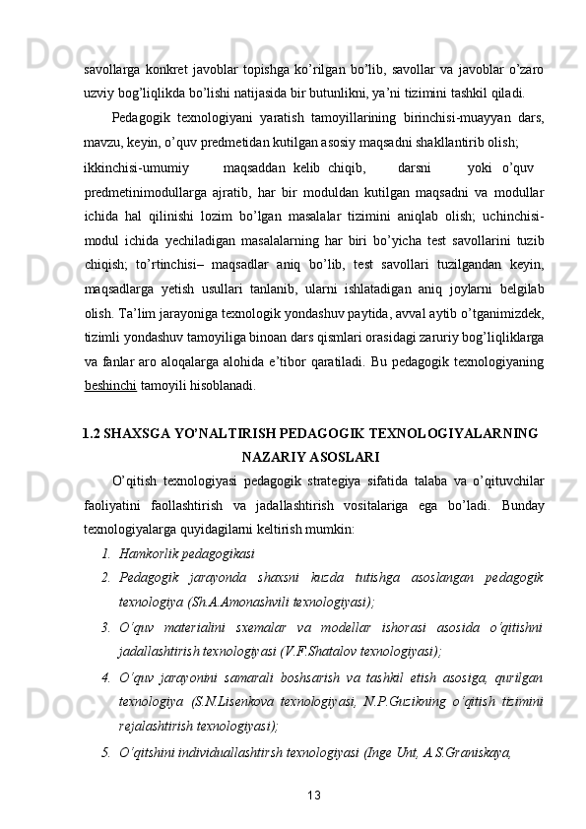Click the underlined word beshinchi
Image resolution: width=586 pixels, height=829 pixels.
click(x=107, y=360)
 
